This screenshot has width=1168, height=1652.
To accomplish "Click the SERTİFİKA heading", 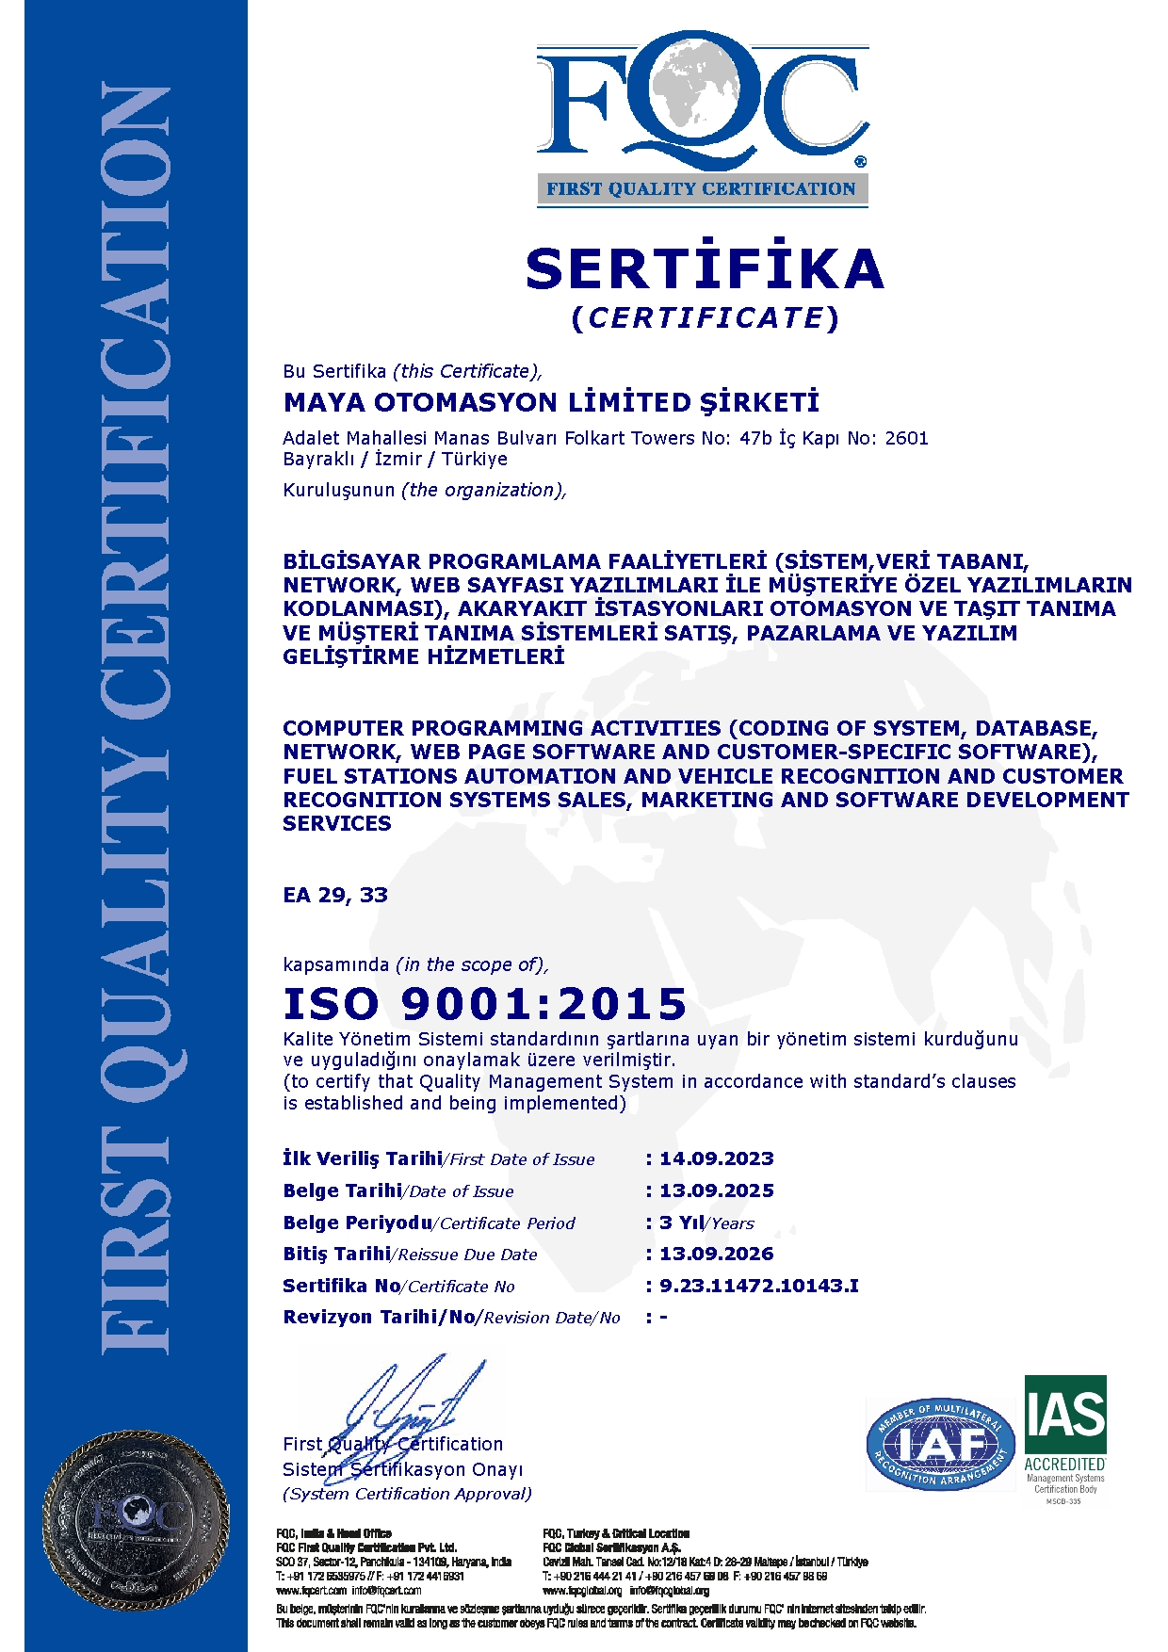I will pos(705,269).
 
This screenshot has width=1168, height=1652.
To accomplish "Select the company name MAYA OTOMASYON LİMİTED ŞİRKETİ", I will pos(551,403).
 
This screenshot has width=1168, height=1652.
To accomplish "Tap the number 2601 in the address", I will pos(906,438).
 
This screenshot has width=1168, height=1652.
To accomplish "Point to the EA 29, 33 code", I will pos(335,895).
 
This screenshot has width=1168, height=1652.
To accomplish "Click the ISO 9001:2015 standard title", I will pos(485,1004).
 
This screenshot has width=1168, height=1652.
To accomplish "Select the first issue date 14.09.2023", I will pos(716,1158).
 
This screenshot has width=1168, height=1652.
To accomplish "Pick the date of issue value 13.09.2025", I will pos(716,1190).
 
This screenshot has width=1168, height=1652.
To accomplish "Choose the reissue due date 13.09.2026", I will pos(716,1254).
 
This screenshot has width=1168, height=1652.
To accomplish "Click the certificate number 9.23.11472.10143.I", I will pos(758,1286).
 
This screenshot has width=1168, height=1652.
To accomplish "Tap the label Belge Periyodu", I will pos(357,1223).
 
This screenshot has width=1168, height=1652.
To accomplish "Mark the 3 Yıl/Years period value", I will pos(706,1223).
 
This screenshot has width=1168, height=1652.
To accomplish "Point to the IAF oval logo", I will pos(940,1444).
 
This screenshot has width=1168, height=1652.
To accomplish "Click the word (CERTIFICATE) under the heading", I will pos(705,318).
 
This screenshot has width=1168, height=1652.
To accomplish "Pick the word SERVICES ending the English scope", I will pos(336,823).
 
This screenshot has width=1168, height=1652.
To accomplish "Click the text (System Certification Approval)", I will pos(407,1494).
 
